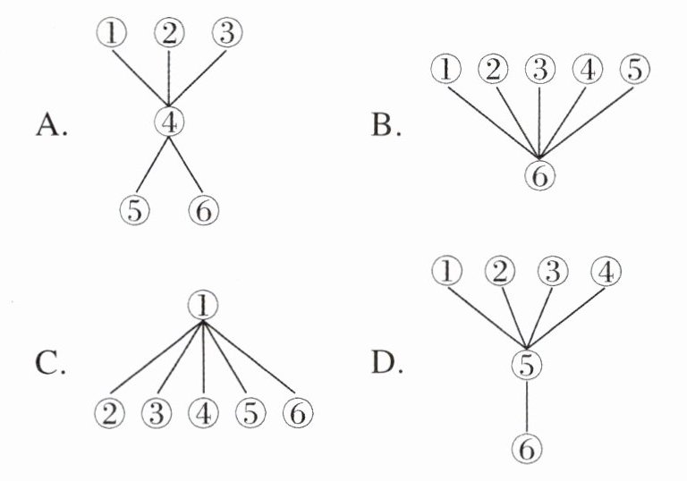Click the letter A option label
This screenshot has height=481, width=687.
[50, 126]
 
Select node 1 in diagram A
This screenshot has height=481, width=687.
[111, 35]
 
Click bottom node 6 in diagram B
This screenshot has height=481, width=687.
[539, 176]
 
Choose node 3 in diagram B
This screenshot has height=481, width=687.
[539, 69]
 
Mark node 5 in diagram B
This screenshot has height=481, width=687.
[634, 69]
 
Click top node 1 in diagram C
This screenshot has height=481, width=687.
[203, 306]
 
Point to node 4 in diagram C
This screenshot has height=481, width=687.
[203, 414]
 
